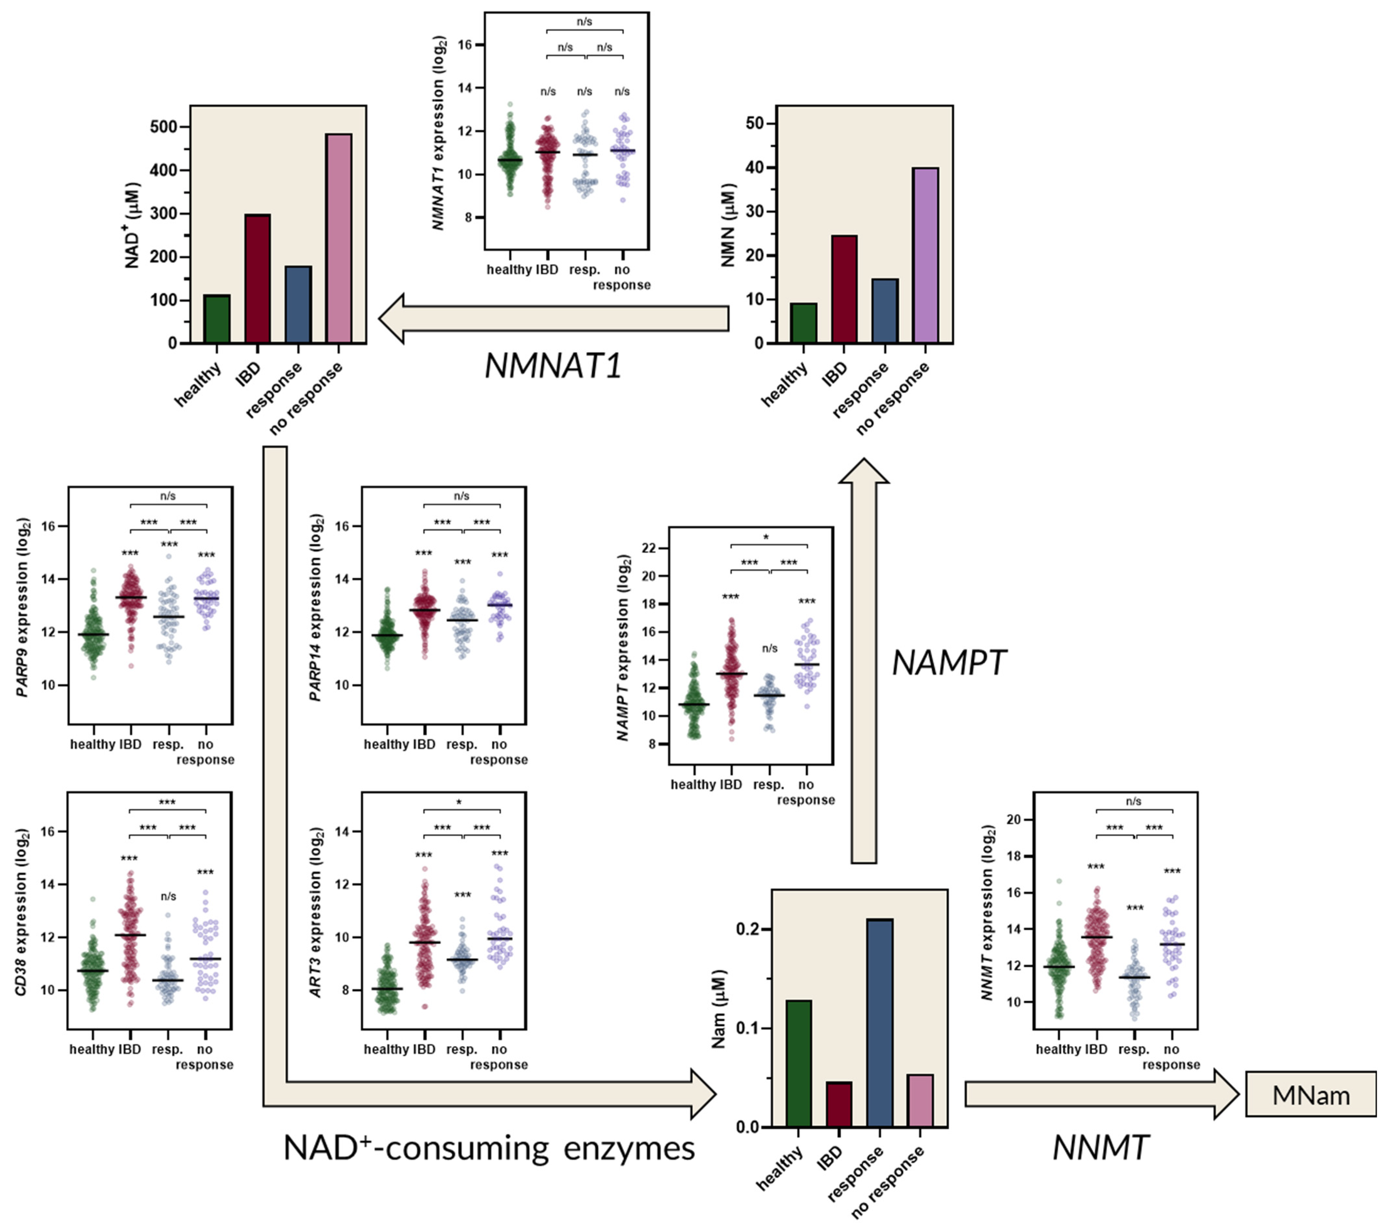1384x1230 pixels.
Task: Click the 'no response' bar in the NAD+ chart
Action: (x=339, y=238)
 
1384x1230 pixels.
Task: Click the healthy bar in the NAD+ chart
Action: (x=217, y=319)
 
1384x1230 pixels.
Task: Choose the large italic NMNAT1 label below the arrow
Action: (x=553, y=366)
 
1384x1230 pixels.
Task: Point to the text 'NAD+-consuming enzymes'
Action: (x=489, y=1149)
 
